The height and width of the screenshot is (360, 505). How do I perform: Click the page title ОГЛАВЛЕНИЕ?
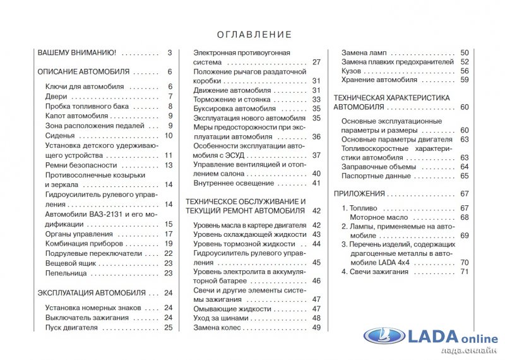click(x=254, y=35)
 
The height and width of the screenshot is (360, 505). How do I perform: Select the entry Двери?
click(x=56, y=97)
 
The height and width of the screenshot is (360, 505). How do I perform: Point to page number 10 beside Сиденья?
click(x=169, y=135)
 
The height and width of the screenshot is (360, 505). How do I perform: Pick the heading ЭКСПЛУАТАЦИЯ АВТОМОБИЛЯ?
click(x=91, y=292)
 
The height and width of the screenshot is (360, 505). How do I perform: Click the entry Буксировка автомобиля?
click(x=226, y=109)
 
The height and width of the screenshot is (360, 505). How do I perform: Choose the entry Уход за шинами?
click(x=220, y=318)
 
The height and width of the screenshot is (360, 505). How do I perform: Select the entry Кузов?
click(x=352, y=71)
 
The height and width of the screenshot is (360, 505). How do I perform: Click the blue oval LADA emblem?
click(x=384, y=338)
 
